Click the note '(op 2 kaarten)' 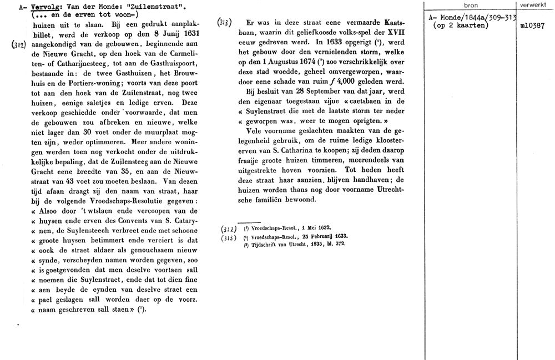point(460,26)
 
